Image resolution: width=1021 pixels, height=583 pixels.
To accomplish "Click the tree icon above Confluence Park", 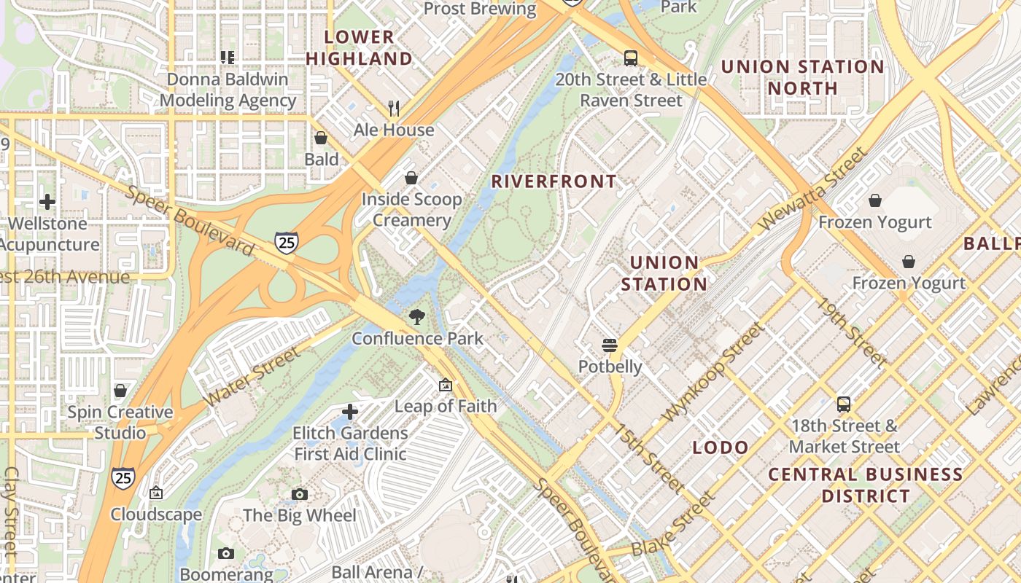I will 417,317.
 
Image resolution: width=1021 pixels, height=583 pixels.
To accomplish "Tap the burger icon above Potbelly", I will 610,345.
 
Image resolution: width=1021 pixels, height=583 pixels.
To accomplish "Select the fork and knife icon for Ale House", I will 394,109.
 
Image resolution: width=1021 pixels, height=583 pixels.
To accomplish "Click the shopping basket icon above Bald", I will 321,138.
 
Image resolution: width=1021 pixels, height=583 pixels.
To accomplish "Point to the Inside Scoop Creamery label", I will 411,210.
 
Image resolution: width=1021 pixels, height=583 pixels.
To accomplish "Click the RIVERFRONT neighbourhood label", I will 554,181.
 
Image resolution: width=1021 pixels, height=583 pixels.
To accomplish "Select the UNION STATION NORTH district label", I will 802,77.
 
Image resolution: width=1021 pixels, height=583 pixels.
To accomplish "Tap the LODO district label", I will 721,447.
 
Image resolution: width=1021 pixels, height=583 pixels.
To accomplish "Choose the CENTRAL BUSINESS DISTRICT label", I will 866,485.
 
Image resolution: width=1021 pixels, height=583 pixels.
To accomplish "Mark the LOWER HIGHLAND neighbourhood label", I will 359,47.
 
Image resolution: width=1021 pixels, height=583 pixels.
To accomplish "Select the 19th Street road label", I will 851,332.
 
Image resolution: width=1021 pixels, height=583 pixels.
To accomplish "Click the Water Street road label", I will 252,377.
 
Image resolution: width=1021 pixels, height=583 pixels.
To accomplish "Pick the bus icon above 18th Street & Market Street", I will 844,404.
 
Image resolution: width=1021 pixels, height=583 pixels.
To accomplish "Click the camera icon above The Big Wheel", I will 299,495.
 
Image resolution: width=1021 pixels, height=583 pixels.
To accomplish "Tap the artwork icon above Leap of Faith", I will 446,385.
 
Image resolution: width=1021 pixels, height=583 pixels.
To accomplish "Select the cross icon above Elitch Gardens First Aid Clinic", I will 350,412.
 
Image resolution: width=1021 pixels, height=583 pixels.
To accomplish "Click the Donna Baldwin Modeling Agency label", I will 228,90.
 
